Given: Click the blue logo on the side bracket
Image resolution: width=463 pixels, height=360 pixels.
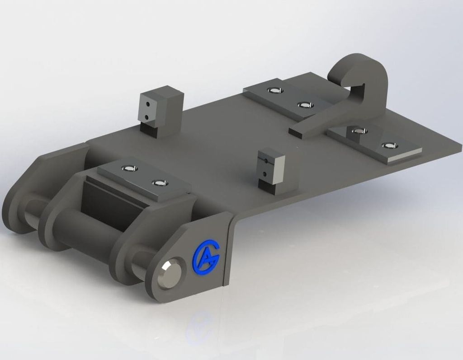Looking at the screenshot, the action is tap(206, 255).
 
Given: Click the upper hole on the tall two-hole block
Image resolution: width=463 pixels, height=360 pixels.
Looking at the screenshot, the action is tap(148, 104).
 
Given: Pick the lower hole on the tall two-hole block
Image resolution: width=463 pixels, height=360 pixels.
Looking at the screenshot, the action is tap(146, 117).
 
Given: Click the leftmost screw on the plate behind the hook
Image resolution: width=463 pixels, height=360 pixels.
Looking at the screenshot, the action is tap(274, 90).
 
